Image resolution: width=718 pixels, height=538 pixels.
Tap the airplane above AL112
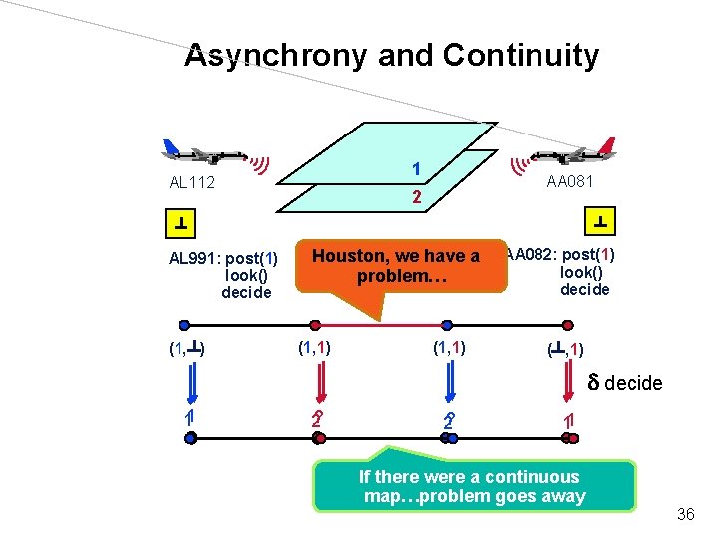(205, 152)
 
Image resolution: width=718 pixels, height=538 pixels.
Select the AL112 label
(193, 183)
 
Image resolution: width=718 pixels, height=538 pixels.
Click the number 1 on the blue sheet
(416, 168)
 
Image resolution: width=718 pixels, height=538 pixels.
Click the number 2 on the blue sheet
(418, 197)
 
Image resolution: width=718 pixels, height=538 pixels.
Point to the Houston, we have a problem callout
(396, 265)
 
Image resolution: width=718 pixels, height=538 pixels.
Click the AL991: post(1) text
(224, 260)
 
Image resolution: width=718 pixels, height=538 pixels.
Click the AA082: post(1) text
(560, 254)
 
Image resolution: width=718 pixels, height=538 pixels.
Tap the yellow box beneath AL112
(181, 221)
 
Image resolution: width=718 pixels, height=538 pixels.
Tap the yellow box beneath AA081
(601, 220)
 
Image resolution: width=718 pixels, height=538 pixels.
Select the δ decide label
(624, 382)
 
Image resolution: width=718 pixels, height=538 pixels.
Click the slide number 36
(684, 515)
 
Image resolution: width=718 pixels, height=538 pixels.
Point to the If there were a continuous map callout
(474, 487)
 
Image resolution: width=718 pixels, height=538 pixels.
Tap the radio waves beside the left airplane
(259, 163)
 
